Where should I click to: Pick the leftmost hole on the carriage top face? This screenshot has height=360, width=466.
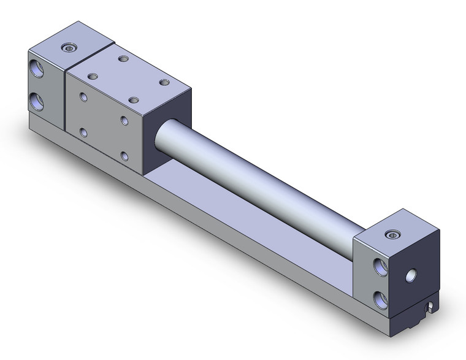93,76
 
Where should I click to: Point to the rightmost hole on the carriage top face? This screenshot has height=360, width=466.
163,82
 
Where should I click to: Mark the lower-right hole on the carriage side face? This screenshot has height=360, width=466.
125,156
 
